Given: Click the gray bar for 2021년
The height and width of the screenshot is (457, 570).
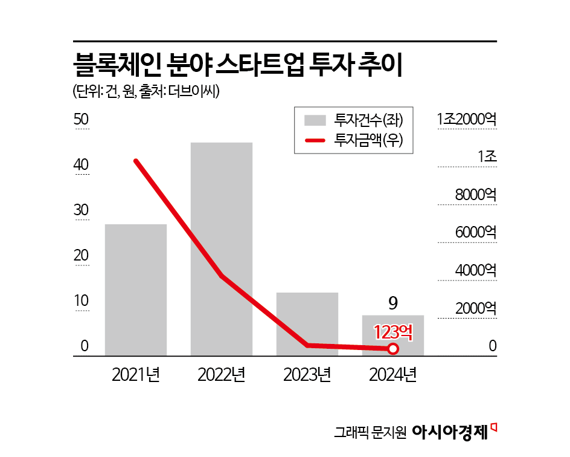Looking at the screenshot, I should click(135, 290).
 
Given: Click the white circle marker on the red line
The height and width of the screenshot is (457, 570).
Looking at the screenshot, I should click(393, 349).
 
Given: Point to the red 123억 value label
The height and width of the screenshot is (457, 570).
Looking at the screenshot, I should click(393, 332).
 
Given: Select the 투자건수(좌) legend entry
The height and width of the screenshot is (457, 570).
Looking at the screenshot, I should click(369, 119).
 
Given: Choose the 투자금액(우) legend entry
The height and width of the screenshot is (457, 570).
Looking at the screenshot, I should click(369, 141).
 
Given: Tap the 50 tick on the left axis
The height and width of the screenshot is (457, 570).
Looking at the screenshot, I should click(81, 120).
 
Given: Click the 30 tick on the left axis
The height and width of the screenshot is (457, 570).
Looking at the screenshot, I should click(81, 210).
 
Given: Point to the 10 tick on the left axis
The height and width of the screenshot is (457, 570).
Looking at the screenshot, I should click(81, 301).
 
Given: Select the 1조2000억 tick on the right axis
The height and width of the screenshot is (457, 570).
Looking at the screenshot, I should click(467, 119).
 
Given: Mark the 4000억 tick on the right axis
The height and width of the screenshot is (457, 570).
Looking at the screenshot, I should click(475, 270).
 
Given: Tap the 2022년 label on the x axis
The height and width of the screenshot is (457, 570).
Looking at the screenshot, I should click(221, 375).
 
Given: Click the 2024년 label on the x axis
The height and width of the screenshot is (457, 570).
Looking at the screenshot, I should click(392, 375).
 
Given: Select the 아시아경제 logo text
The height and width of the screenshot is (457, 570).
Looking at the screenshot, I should click(450, 432).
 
